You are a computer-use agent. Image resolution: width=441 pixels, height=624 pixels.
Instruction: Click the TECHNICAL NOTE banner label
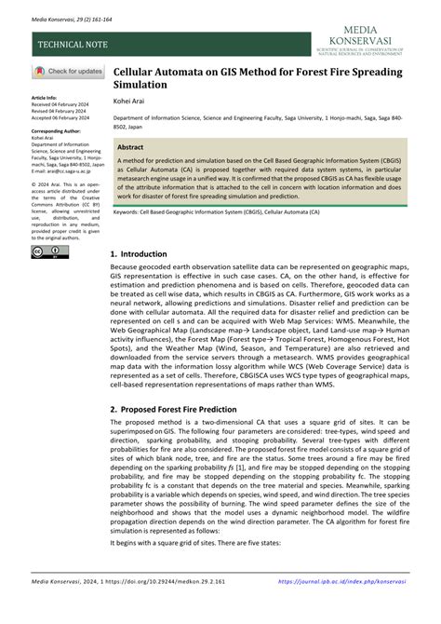pyautogui.click(x=73, y=44)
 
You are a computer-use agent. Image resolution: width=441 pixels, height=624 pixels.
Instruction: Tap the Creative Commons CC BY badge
pyautogui.click(x=49, y=251)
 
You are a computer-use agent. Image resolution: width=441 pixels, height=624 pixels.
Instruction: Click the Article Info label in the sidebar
pyautogui.click(x=45, y=97)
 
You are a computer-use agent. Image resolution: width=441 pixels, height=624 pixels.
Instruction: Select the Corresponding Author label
pyautogui.click(x=57, y=131)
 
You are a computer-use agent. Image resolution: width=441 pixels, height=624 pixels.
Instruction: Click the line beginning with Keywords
pyautogui.click(x=223, y=211)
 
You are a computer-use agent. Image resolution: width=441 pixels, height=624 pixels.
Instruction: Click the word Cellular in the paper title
pyautogui.click(x=135, y=70)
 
